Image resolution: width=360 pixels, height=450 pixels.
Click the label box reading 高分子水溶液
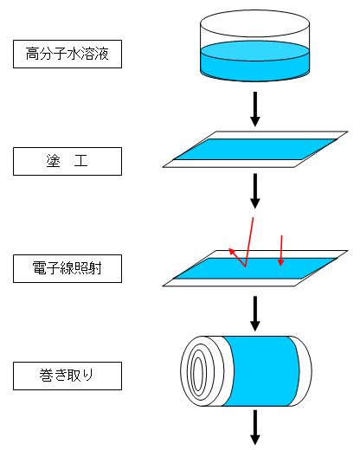[67, 55]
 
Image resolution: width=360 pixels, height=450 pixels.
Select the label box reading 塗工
[67, 161]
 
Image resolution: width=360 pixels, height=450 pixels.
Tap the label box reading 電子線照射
[67, 268]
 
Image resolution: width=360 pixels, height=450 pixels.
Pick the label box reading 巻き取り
[67, 376]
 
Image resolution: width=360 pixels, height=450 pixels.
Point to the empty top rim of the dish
[255, 23]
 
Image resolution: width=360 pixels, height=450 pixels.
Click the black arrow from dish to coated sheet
[255, 109]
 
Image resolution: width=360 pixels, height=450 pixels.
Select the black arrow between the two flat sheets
[255, 191]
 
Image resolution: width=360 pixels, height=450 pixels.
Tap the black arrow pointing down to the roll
[255, 313]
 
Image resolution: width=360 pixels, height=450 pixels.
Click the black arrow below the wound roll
[255, 427]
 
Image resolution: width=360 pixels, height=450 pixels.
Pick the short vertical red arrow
[281, 250]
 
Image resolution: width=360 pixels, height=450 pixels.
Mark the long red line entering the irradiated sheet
[249, 242]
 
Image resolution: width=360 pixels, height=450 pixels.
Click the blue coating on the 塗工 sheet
[255, 150]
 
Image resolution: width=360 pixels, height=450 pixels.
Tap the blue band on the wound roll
[260, 371]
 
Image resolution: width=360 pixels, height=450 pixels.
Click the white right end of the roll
[303, 371]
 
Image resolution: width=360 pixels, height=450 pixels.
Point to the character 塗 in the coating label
[54, 161]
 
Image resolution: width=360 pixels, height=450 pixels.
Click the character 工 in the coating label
[80, 161]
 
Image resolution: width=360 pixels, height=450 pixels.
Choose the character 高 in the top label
[32, 54]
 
